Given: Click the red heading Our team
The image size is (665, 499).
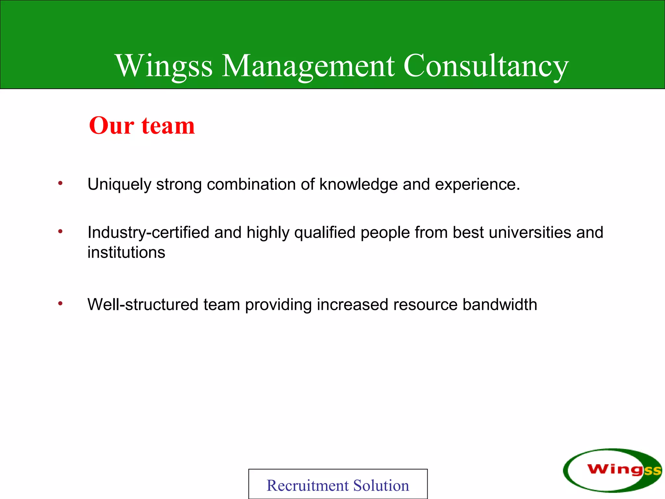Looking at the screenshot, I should pos(142,125).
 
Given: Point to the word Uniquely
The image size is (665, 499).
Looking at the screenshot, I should pos(119,185).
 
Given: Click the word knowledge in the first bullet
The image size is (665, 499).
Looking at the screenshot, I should pos(358,184).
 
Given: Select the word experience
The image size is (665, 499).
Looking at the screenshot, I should pos(477,185).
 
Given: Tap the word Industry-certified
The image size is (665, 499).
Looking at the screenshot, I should pos(148,233).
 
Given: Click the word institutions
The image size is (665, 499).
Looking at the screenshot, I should pos(126,252).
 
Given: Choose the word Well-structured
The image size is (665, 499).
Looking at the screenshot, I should pos(143,305).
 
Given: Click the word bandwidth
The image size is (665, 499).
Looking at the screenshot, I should pos(500,305).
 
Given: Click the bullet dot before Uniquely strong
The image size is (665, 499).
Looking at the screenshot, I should pos(60,183).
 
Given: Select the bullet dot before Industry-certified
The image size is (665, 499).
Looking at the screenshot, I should pos(60,231).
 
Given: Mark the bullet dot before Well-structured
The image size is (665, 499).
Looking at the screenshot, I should pos(60,303).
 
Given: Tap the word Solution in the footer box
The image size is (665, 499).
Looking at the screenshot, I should pos(381,486).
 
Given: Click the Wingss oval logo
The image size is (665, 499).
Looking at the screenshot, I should pos(612,470).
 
